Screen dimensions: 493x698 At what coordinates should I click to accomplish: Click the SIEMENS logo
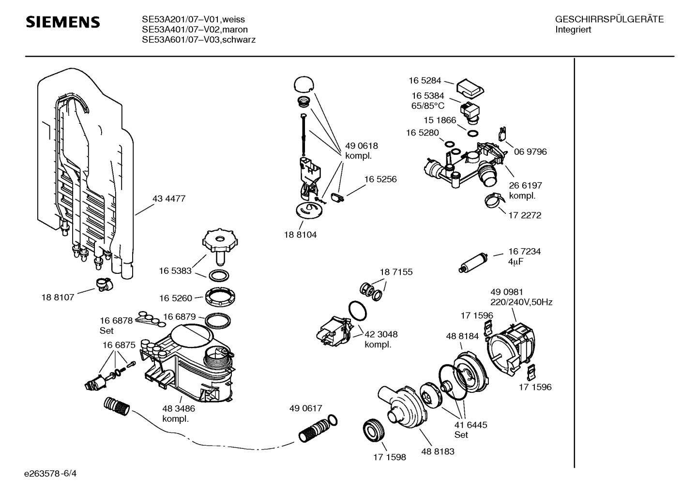pos(63,22)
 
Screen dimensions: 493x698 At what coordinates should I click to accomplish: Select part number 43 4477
pos(169,198)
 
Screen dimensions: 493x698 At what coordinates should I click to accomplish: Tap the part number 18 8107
pos(58,297)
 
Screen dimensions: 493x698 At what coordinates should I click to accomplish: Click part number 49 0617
pos(305,409)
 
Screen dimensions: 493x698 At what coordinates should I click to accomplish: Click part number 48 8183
pos(438,451)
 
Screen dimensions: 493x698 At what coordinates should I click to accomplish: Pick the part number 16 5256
pos(380,179)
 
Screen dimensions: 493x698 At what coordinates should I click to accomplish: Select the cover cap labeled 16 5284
pos(469,88)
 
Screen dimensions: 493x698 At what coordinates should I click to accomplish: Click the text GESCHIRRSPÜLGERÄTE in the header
pos(609,20)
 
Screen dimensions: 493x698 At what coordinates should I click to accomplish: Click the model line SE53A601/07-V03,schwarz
pos(198,40)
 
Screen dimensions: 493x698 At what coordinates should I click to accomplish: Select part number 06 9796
pos(531,151)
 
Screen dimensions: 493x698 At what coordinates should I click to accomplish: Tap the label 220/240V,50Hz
pos(521,302)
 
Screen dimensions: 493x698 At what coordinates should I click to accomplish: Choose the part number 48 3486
pos(179,409)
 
